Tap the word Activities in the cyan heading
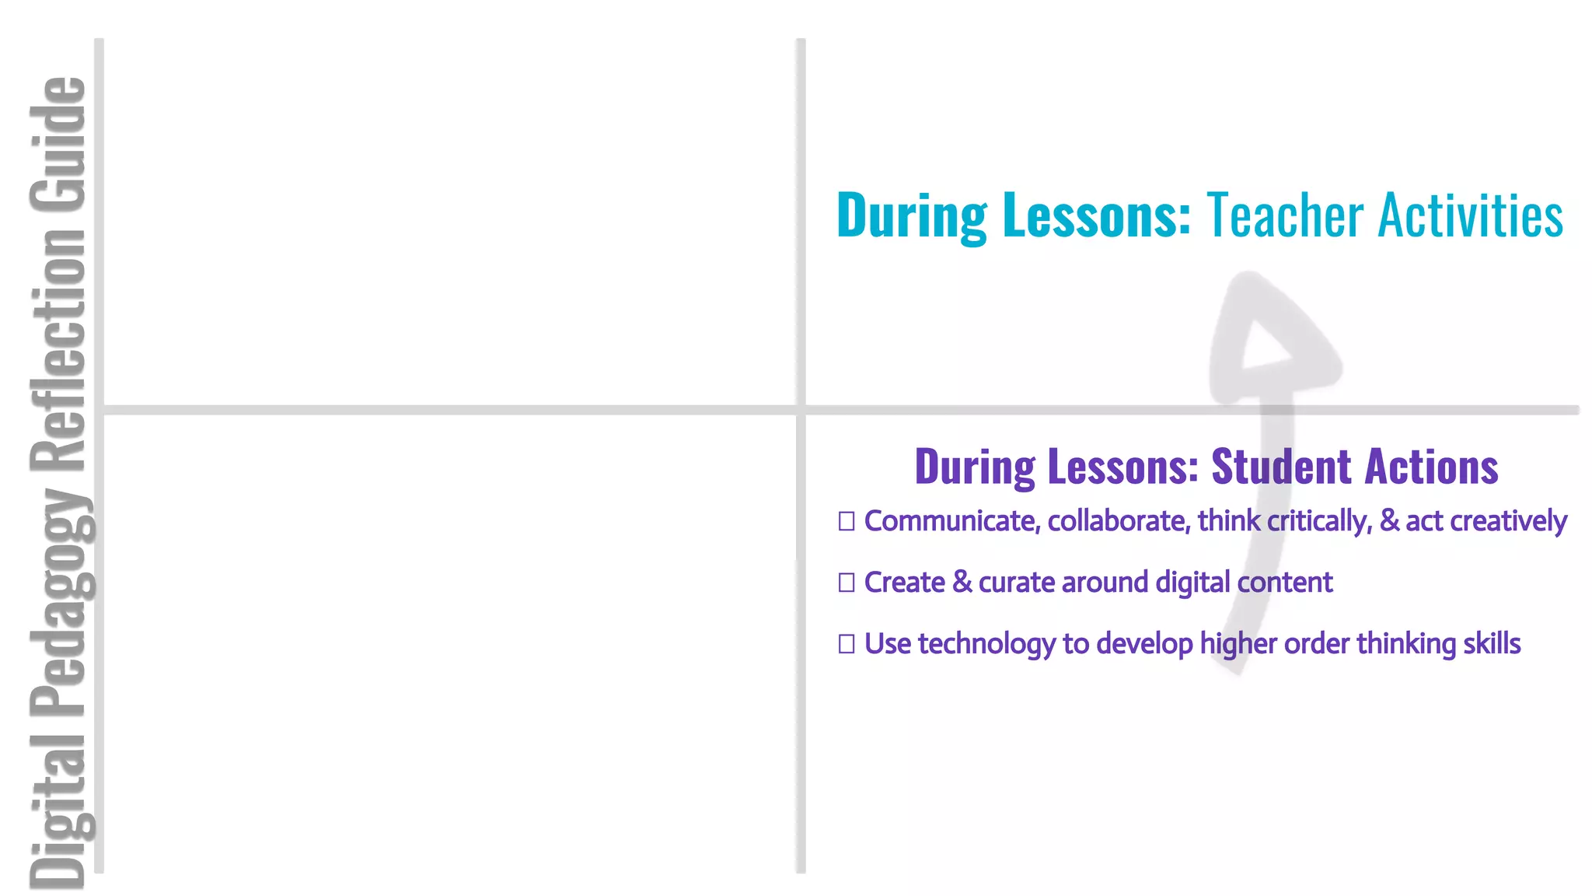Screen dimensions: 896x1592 coord(1470,215)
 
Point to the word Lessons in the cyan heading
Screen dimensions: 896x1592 coord(1097,215)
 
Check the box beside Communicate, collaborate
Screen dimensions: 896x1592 coord(847,521)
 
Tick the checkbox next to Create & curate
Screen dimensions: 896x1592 coord(847,582)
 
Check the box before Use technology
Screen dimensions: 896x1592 coord(847,643)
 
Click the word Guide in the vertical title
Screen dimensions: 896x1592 coord(58,145)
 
